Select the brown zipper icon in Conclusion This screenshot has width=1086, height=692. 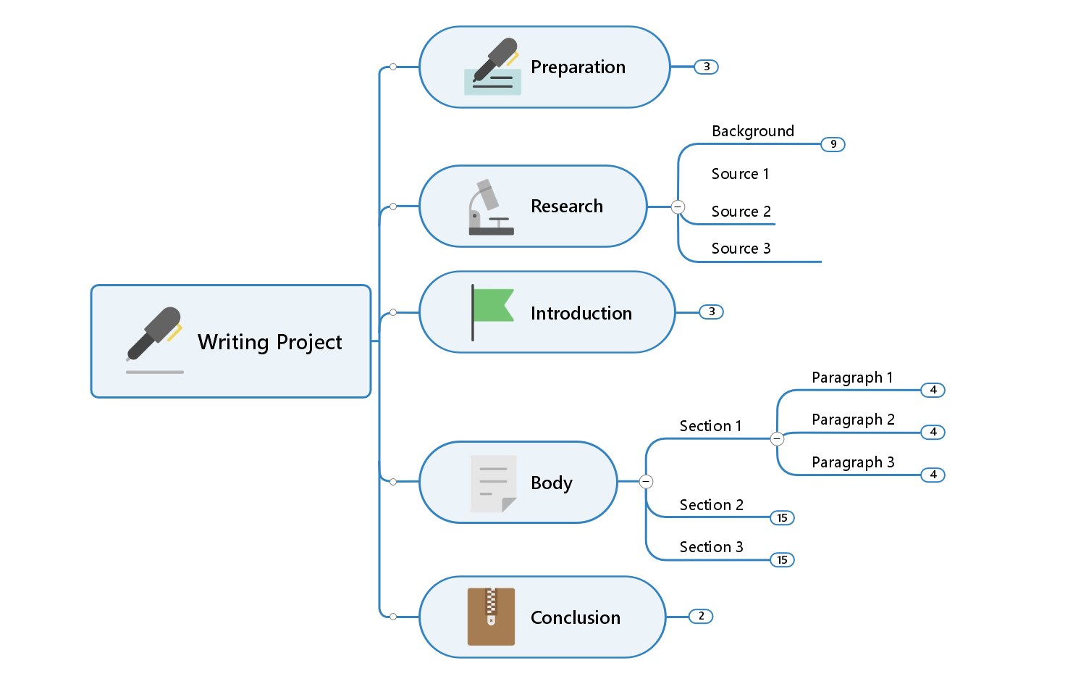click(x=491, y=616)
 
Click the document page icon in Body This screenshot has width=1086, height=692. click(x=493, y=483)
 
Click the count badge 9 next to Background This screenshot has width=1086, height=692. click(x=833, y=144)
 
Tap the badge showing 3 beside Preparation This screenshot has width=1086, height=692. click(x=706, y=67)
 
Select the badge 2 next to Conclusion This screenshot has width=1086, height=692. click(x=700, y=616)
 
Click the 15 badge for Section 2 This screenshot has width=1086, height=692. click(x=782, y=517)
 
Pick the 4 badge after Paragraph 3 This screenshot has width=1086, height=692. click(x=933, y=475)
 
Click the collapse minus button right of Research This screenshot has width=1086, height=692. click(x=678, y=207)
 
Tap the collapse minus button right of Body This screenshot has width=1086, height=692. click(x=647, y=481)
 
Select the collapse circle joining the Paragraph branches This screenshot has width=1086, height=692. click(x=777, y=438)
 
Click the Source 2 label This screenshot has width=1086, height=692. click(x=741, y=212)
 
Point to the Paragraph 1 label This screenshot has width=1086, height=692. click(x=851, y=378)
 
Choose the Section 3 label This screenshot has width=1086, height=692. click(x=711, y=547)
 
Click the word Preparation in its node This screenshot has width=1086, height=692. click(x=578, y=67)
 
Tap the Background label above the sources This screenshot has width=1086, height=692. click(x=752, y=131)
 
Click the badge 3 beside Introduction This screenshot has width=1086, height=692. click(x=711, y=312)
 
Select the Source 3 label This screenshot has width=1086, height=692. click(x=741, y=249)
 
